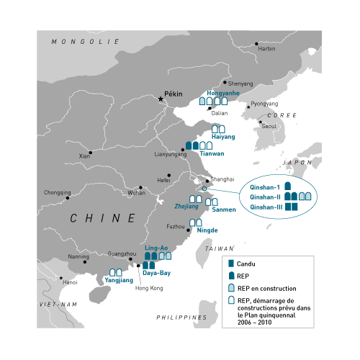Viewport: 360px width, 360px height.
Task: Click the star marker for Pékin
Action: tap(161, 99)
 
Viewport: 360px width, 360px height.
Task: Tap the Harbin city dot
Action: tap(256, 44)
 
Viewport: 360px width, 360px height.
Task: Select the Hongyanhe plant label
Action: tap(223, 93)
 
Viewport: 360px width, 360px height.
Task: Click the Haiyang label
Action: tap(223, 137)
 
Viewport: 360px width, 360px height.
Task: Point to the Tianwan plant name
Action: tap(212, 153)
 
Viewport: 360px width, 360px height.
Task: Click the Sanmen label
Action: tap(224, 210)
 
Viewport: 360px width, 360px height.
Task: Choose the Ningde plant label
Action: tap(207, 230)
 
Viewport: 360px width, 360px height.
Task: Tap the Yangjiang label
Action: tap(119, 280)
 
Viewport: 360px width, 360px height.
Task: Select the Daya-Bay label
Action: tap(156, 273)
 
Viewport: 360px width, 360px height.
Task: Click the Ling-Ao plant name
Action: tap(156, 248)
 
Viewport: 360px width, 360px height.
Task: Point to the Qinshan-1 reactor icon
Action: tap(288, 186)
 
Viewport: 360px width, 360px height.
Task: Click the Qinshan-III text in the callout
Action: tap(266, 207)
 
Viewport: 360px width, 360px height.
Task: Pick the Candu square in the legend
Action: tap(231, 264)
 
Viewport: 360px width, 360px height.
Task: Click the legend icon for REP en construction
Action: tap(231, 287)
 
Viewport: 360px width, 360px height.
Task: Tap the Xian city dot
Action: tap(91, 153)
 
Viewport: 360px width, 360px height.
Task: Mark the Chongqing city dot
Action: tap(68, 198)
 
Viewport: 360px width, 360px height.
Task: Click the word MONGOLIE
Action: tap(85, 42)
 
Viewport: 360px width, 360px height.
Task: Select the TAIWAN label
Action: tap(220, 248)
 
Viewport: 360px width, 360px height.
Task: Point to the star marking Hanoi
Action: tap(61, 278)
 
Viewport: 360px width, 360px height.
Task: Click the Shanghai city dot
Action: tap(207, 181)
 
